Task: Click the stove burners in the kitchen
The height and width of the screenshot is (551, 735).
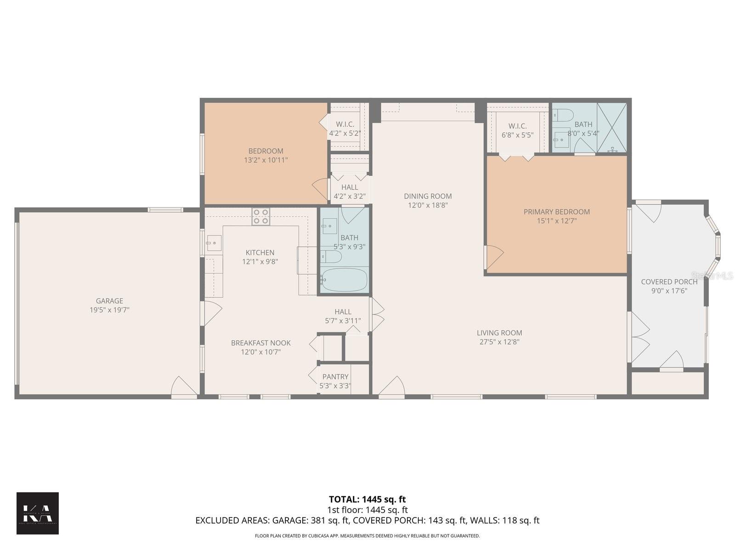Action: pos(260,216)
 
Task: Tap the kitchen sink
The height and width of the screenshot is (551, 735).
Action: pos(214,243)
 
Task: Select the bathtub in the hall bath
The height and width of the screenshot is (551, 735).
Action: pos(344,280)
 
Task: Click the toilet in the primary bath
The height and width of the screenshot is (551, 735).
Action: pos(563,115)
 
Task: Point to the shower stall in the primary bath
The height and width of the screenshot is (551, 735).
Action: pos(612,127)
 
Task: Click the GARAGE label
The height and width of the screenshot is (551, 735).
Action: pos(109,301)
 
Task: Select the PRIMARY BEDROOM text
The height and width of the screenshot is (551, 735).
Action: pos(556,212)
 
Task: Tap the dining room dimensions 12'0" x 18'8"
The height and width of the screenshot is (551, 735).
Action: pos(428,205)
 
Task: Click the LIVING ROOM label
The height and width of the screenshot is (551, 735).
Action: pos(499,333)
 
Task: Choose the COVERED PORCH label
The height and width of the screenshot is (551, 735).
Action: pos(669,281)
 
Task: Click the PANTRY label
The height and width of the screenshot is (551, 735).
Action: pos(335,377)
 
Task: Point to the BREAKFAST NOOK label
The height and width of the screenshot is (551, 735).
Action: pos(260,343)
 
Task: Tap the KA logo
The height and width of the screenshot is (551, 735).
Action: pos(38,513)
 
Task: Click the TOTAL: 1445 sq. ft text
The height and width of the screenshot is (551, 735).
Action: pos(367,499)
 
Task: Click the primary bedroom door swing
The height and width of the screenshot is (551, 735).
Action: pos(494,256)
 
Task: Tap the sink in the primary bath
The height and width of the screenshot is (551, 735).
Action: pos(561,139)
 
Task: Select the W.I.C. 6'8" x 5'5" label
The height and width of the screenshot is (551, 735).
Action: pos(517,130)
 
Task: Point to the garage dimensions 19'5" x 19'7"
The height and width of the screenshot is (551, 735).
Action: pos(109,310)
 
